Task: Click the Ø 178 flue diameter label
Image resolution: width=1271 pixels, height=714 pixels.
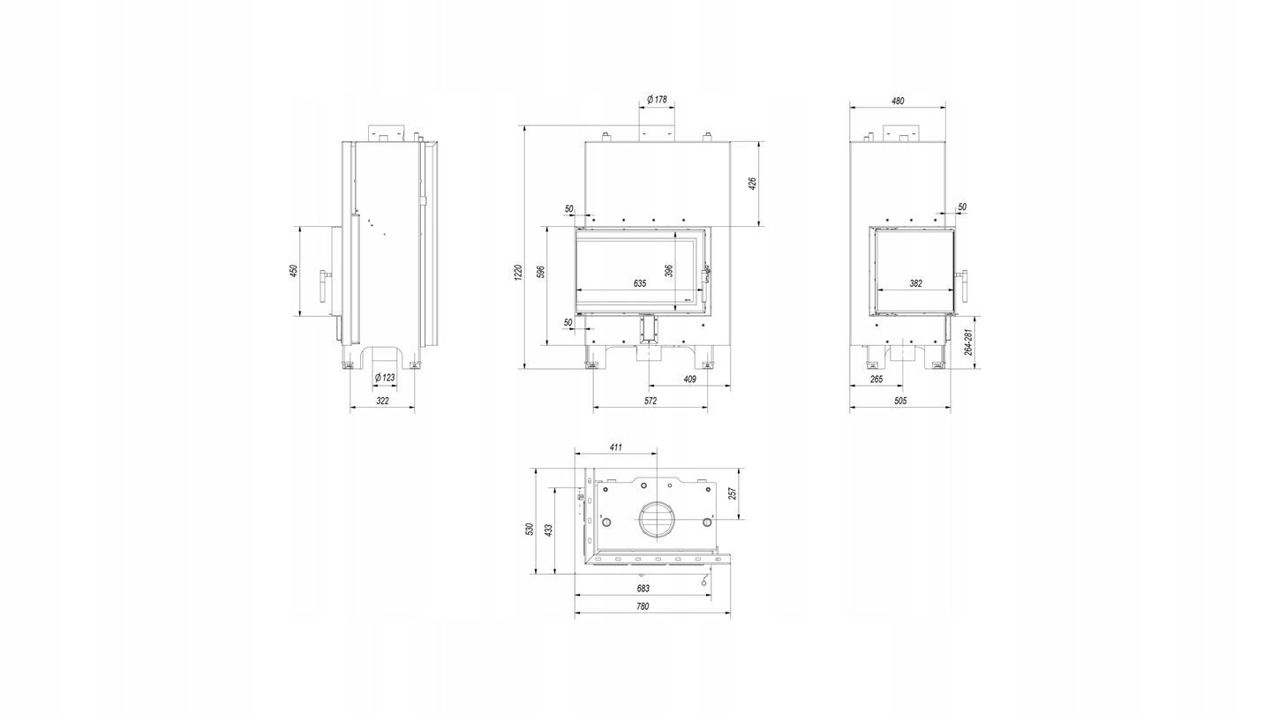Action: [x=657, y=100]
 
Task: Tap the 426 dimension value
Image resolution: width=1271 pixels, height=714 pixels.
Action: [x=753, y=184]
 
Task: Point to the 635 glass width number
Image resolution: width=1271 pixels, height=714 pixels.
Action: [x=639, y=283]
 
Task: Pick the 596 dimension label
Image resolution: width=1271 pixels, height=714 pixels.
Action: [x=541, y=273]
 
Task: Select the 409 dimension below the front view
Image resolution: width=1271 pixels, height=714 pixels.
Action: [x=689, y=380]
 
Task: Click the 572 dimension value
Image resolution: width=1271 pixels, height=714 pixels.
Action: [x=651, y=401]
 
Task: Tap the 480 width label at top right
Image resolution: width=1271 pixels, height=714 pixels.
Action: [x=897, y=101]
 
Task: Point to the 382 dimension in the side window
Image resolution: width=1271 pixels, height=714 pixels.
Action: [x=915, y=283]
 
